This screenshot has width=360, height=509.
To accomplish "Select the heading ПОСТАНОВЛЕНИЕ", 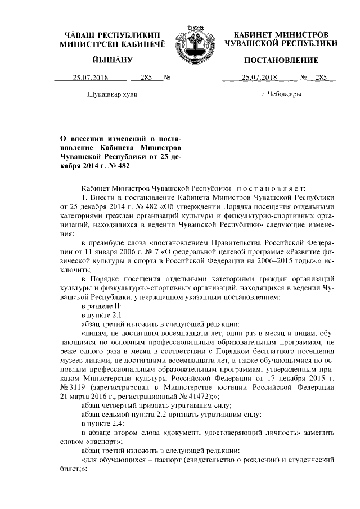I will click(281, 60).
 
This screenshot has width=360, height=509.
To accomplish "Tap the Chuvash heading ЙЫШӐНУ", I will click(111, 60).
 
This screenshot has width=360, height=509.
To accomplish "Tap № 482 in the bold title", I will click(133, 166).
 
